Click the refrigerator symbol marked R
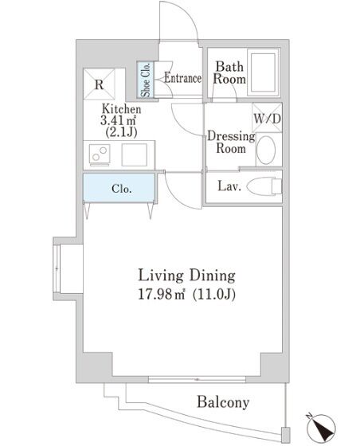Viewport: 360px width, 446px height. [x=100, y=84]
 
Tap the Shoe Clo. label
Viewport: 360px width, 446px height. [x=146, y=80]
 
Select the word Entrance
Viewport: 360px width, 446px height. [x=183, y=78]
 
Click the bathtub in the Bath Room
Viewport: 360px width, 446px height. [x=263, y=72]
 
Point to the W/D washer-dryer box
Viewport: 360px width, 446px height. [x=267, y=118]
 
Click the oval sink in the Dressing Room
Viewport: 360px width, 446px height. [x=266, y=150]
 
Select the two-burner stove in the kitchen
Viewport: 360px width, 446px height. [x=100, y=154]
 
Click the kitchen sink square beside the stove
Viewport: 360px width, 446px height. [x=135, y=155]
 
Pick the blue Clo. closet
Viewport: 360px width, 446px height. [x=119, y=188]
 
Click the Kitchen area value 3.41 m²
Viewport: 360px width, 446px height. [x=118, y=120]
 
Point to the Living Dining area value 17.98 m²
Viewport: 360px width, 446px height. [x=161, y=294]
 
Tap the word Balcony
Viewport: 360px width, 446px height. [x=223, y=402]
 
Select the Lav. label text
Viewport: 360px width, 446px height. [x=229, y=186]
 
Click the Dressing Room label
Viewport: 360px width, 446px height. [x=231, y=143]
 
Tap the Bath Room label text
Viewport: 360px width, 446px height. [x=229, y=72]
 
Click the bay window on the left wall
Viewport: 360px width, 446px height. [x=57, y=268]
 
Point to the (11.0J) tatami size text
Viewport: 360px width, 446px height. [x=214, y=295]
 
